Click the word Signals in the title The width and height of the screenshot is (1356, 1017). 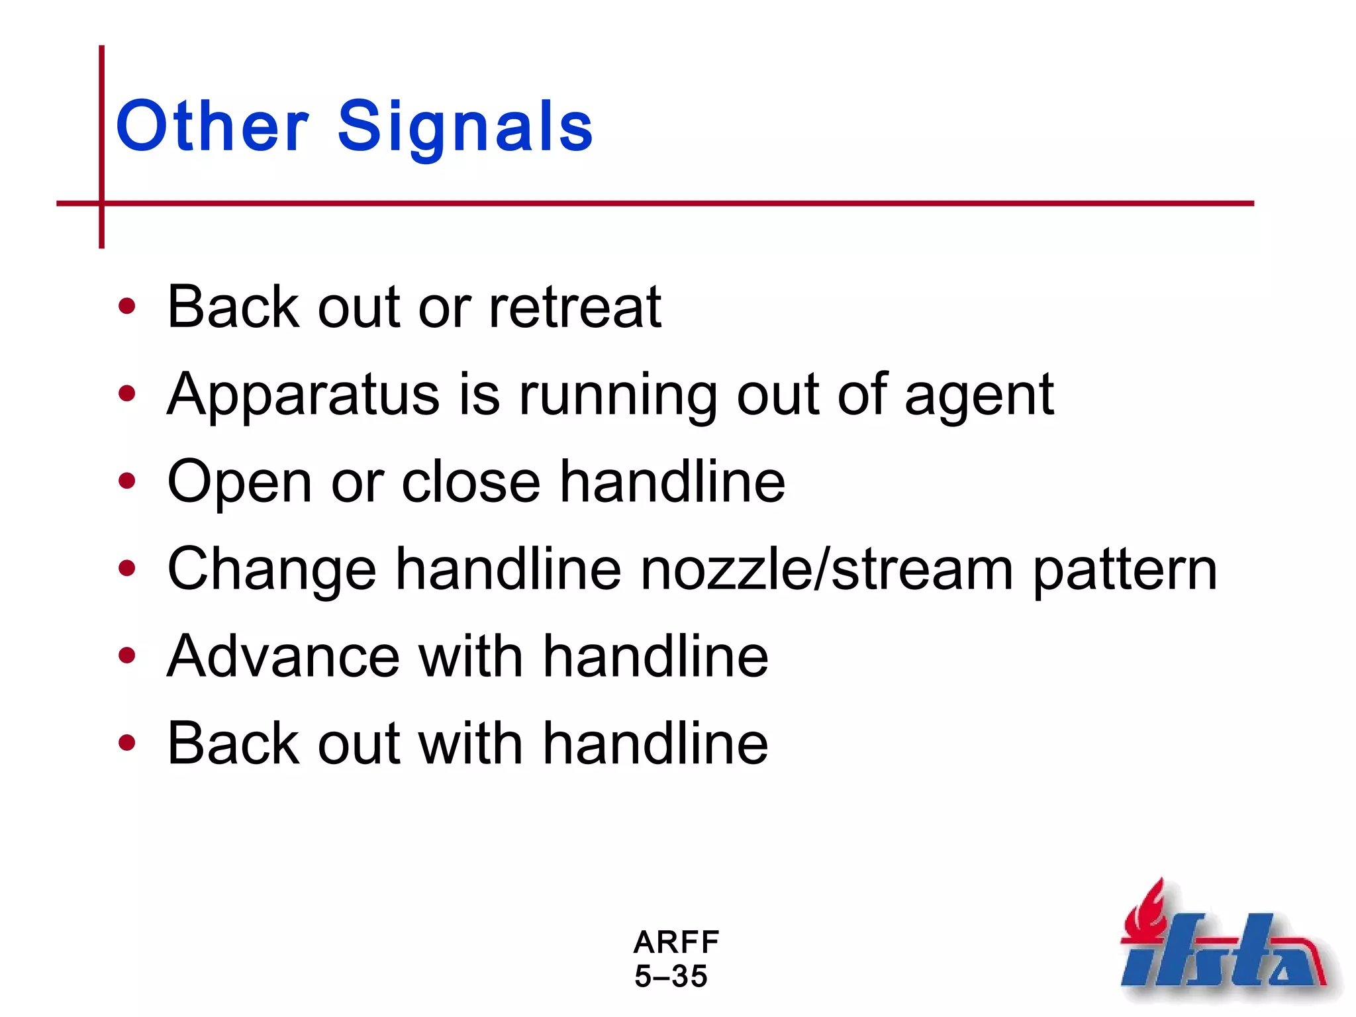click(465, 127)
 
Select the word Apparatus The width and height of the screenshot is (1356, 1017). click(303, 395)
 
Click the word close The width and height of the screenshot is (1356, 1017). click(471, 482)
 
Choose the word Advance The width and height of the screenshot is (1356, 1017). click(283, 656)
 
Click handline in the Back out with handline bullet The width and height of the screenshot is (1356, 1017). click(655, 744)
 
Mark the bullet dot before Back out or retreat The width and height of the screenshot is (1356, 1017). click(126, 307)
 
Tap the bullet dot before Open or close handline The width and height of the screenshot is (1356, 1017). click(126, 481)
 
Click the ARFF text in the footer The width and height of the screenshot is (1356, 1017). click(676, 942)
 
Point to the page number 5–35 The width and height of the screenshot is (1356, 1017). click(671, 976)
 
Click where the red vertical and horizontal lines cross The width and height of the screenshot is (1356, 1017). click(102, 203)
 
